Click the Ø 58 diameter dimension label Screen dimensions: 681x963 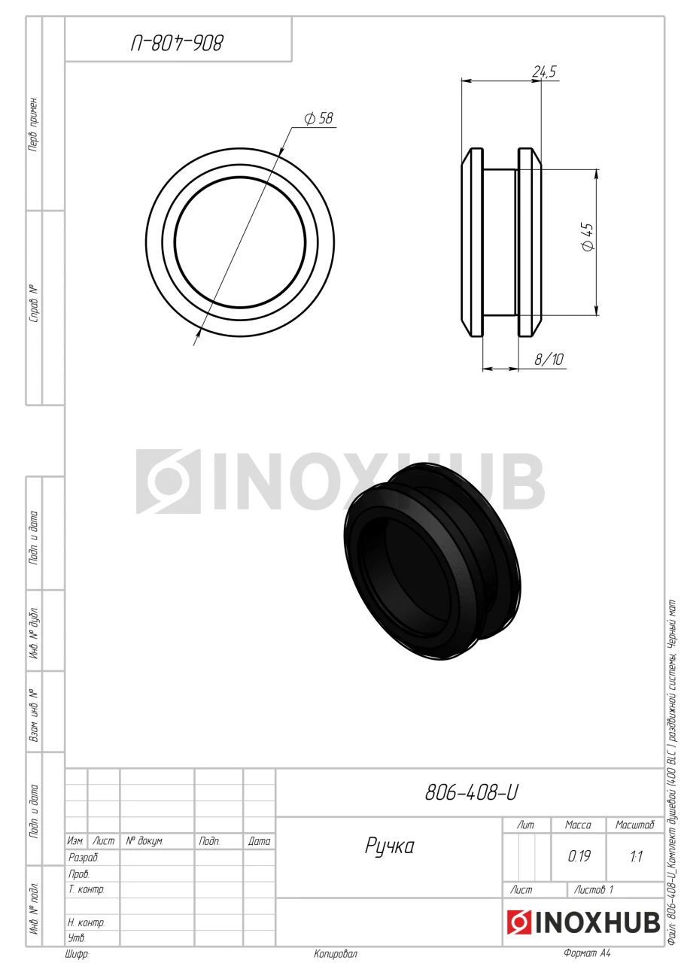[318, 118]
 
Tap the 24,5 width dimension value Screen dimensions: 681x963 [544, 71]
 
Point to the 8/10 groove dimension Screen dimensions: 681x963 [549, 359]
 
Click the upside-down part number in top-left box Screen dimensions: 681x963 [177, 44]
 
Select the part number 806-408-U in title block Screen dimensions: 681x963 [471, 792]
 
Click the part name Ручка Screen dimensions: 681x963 [390, 846]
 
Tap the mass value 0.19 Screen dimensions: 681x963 [579, 856]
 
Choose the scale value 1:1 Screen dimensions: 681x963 [636, 856]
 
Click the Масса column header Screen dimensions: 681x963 [578, 825]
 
